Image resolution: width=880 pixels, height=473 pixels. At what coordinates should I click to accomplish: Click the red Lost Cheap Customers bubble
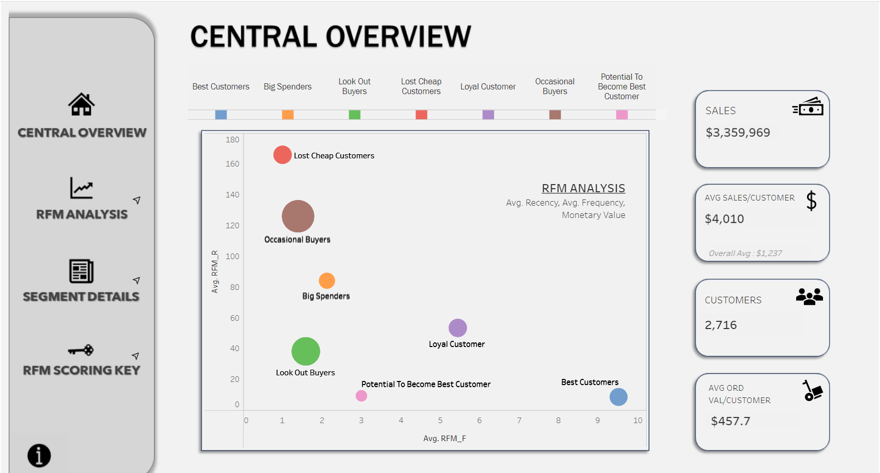282,155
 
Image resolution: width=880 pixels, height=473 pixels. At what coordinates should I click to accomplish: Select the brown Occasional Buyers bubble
298,216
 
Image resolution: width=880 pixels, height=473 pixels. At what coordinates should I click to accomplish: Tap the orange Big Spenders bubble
327,281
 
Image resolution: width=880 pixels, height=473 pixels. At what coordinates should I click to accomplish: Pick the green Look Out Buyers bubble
306,352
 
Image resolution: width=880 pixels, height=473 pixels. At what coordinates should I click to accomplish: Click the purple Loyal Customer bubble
457,328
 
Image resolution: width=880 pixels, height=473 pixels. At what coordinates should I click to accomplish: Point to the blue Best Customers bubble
618,397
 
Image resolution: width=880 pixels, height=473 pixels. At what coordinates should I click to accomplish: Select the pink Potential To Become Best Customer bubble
361,396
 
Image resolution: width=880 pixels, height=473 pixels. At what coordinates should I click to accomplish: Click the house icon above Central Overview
81,104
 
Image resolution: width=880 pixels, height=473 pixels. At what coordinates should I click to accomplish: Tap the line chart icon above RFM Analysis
81,188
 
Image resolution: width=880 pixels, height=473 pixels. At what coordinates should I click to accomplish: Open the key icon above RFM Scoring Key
81,350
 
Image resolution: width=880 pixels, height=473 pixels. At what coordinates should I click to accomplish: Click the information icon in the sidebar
39,456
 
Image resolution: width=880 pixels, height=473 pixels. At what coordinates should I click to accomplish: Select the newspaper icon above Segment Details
81,271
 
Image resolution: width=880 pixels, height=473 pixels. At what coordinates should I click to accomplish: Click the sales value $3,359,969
738,133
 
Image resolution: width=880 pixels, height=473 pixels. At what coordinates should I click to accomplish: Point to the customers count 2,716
721,325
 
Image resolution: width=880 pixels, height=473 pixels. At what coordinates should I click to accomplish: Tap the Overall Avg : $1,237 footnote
745,253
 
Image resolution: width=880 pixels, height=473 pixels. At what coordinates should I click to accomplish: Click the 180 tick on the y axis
232,140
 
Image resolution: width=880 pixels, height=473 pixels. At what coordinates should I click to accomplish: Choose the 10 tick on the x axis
637,421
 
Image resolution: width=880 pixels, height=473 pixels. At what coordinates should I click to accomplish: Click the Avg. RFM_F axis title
445,439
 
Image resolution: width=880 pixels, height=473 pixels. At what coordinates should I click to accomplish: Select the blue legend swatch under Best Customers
221,115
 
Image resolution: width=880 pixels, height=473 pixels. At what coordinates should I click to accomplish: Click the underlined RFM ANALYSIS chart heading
583,188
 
